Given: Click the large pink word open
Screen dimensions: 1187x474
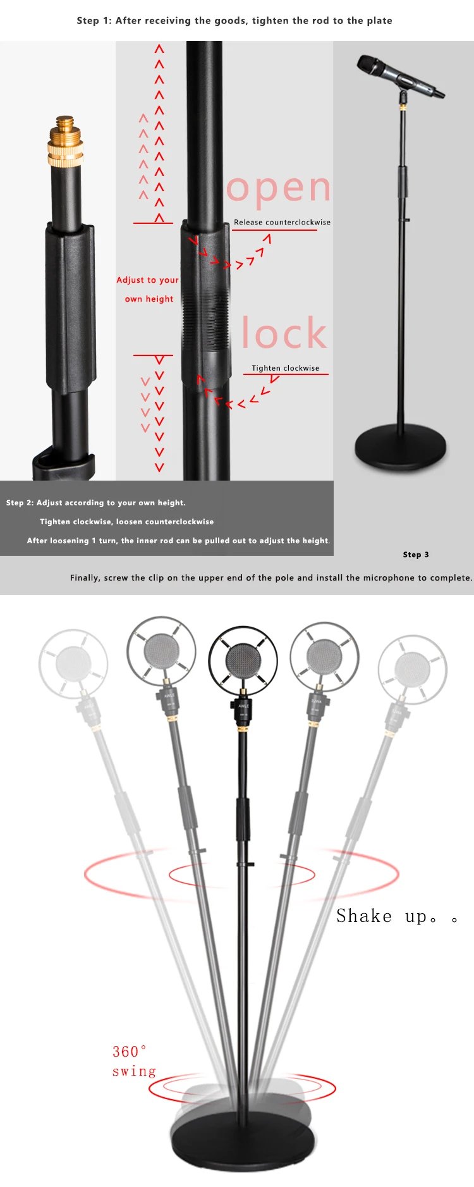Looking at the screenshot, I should pyautogui.click(x=279, y=189).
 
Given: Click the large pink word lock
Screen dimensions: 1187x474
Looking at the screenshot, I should pyautogui.click(x=284, y=333).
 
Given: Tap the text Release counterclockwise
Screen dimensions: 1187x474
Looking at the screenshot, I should pyautogui.click(x=282, y=223).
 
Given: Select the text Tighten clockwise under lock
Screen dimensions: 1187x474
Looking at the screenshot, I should pyautogui.click(x=285, y=368).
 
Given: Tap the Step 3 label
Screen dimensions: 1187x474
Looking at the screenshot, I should pyautogui.click(x=416, y=555).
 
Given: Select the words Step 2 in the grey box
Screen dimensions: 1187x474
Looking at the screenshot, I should pyautogui.click(x=20, y=503).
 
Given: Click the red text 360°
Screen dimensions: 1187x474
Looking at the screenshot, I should pyautogui.click(x=129, y=1052).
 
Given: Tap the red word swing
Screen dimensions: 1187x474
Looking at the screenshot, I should pyautogui.click(x=134, y=1071).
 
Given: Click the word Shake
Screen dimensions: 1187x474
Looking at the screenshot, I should pyautogui.click(x=364, y=916).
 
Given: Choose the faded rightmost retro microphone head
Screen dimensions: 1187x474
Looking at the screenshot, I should pyautogui.click(x=413, y=669).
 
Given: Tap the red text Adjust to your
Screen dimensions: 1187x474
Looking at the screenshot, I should pyautogui.click(x=147, y=280).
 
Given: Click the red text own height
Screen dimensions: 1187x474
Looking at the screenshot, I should pyautogui.click(x=149, y=299).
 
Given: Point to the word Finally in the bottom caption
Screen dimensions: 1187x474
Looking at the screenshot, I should pyautogui.click(x=85, y=578).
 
